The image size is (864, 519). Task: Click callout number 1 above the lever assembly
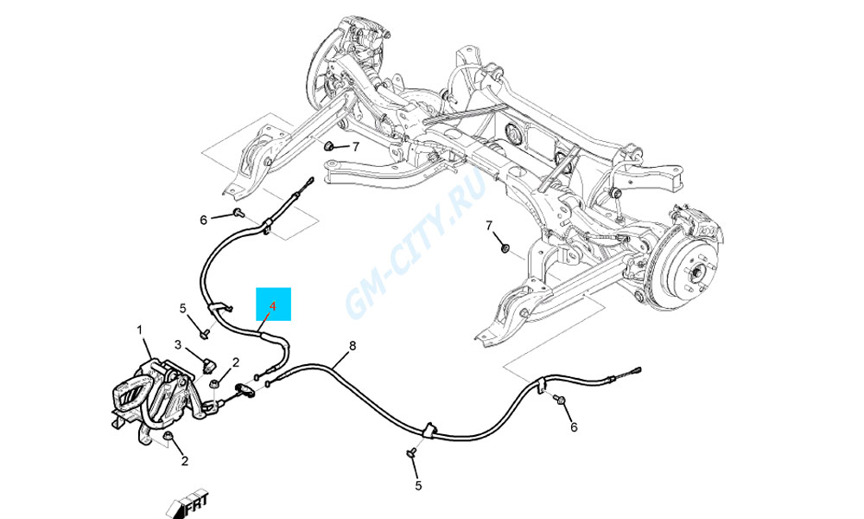(x=139, y=330)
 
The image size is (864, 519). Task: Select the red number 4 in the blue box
(x=272, y=306)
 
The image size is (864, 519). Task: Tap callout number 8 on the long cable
(x=353, y=346)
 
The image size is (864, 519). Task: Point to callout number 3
(x=178, y=345)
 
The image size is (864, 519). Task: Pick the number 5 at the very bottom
(x=418, y=486)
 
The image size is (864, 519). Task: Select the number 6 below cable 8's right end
(x=574, y=427)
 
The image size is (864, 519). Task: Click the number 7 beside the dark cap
(x=356, y=147)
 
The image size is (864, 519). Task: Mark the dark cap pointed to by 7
(x=328, y=145)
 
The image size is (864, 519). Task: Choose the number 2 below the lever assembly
(x=185, y=460)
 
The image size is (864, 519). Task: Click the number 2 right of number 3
(x=236, y=362)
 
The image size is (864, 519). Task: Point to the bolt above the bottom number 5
(x=411, y=453)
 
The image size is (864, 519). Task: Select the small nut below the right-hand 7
(x=505, y=247)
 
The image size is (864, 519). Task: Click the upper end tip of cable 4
(x=311, y=179)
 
